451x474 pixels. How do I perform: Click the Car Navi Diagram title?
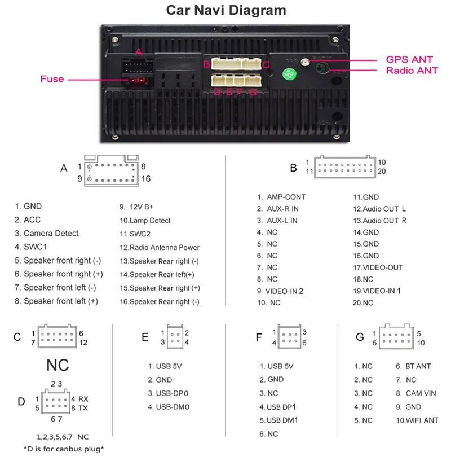coord(226,10)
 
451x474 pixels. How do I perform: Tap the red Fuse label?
coord(52,79)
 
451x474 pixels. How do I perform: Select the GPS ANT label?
coord(409,59)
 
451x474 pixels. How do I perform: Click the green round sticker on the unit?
coord(289,73)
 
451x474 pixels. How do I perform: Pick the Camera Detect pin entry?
coord(47,234)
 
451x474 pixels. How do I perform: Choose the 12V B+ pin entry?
coord(138,207)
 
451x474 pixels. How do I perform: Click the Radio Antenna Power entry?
coord(160,247)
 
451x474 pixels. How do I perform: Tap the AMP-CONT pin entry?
coord(281,197)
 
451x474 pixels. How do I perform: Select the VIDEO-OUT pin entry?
coord(378,267)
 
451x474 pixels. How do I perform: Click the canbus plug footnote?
coord(64,449)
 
